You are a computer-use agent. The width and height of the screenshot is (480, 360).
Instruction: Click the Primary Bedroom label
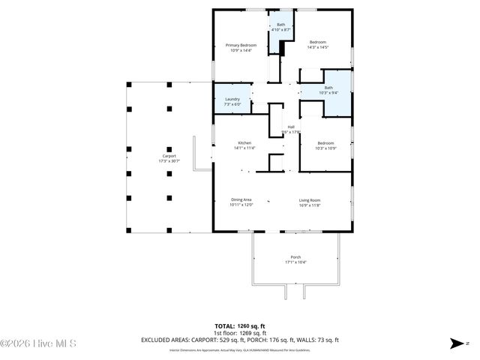[x=241, y=45]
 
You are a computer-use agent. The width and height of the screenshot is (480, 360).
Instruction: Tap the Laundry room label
[x=232, y=99]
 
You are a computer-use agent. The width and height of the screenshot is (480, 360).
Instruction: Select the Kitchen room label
[x=244, y=142]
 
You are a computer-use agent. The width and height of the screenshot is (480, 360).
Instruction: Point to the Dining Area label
[x=241, y=199]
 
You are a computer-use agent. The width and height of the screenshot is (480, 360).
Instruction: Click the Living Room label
[x=310, y=199]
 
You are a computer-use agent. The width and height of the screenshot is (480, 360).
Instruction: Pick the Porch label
[x=295, y=256]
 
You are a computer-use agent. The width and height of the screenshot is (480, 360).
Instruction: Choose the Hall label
[x=291, y=127]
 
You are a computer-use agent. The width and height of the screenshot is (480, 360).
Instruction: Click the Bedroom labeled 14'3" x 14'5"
[x=318, y=42]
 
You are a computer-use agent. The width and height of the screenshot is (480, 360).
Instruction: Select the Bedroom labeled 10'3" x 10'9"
[x=325, y=142]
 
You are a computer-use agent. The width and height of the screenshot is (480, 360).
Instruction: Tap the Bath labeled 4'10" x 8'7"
[x=280, y=25]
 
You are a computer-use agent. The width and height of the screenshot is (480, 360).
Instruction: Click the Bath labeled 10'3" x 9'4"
[x=328, y=88]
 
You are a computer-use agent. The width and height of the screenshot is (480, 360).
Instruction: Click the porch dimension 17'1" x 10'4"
[x=295, y=262]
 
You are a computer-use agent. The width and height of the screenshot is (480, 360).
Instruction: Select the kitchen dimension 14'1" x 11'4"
[x=244, y=148]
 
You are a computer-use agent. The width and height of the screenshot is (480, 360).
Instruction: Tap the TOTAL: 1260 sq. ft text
[x=240, y=326]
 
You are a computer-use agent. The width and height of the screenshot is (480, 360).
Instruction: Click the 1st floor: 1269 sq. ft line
[x=240, y=333]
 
